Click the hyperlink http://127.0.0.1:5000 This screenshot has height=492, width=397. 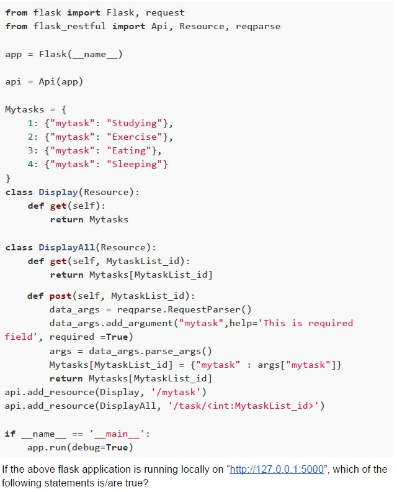(x=277, y=469)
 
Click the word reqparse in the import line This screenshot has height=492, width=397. (x=258, y=26)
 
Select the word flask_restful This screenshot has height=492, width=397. (x=69, y=26)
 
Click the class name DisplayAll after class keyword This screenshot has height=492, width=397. (x=66, y=247)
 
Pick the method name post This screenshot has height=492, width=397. (x=60, y=296)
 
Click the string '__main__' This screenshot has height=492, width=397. (x=117, y=434)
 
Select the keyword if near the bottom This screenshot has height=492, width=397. (x=10, y=434)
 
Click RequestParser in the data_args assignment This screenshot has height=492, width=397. (x=204, y=310)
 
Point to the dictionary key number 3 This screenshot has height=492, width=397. (x=30, y=150)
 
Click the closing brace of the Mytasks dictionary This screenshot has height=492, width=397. (x=8, y=178)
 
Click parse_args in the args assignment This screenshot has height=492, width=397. (x=172, y=351)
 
